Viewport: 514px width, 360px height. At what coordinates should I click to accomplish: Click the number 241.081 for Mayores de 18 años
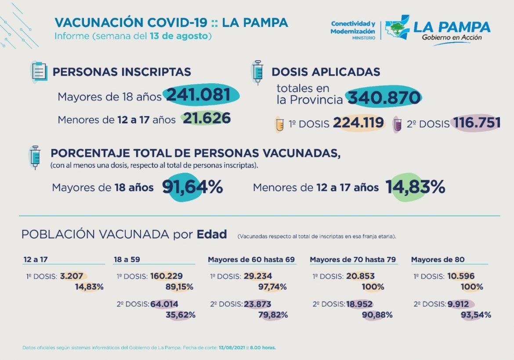click(x=198, y=95)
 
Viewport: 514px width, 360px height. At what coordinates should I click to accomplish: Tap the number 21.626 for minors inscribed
click(x=206, y=119)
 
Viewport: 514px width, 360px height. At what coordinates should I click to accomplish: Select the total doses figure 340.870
click(x=384, y=98)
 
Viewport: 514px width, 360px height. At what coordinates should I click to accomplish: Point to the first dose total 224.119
click(x=358, y=124)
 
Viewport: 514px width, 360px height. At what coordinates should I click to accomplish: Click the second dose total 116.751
click(x=477, y=124)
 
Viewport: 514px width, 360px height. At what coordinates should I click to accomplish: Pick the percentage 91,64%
click(x=192, y=187)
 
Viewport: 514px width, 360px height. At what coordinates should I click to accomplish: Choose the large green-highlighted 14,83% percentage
click(x=415, y=187)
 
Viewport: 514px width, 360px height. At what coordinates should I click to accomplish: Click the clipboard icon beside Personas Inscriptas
click(x=40, y=71)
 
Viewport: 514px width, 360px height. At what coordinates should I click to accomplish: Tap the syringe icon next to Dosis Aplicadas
click(x=257, y=73)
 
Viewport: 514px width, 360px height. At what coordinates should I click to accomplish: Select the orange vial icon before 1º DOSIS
click(x=279, y=124)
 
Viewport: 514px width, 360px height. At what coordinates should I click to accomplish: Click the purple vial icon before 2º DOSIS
click(x=398, y=124)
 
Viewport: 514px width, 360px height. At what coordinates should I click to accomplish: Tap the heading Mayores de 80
click(x=438, y=259)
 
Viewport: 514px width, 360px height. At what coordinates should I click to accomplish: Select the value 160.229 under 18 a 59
click(x=167, y=276)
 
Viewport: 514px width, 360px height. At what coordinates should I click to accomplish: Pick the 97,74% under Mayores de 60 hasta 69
click(x=272, y=287)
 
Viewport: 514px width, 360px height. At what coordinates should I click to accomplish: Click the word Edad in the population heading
click(x=211, y=234)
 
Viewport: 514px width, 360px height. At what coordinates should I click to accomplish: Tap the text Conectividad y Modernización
click(x=353, y=28)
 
